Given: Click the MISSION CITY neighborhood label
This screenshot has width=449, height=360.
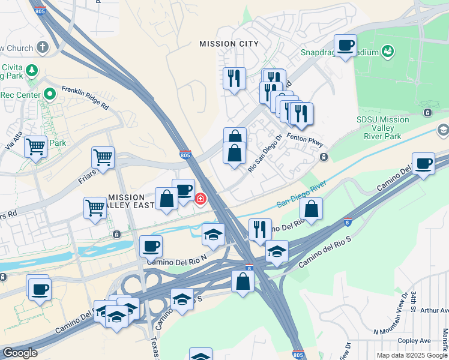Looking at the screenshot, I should tap(229, 44).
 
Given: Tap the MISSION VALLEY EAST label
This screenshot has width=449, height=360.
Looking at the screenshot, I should tap(126, 201).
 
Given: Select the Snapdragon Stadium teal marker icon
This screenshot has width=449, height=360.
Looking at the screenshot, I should tap(388, 52).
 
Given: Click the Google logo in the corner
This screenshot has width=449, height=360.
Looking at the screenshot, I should tap(20, 353).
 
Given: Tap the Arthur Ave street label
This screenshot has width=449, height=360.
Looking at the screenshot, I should tap(435, 310).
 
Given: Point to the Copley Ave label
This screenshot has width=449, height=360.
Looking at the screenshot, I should tap(417, 340).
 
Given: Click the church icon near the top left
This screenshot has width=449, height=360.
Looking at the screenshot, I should tap(43, 47).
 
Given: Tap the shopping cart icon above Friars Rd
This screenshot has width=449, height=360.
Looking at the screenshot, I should tap(103, 158).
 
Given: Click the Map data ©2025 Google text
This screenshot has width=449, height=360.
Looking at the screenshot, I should tap(412, 355).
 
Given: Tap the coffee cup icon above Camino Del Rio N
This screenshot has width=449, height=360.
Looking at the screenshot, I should tap(151, 245).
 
